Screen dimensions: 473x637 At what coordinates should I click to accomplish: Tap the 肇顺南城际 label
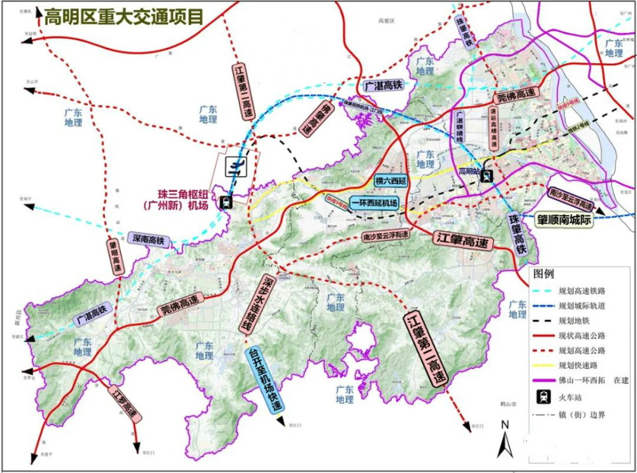pyautogui.click(x=573, y=220)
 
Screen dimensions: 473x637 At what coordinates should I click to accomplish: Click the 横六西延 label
pyautogui.click(x=391, y=180)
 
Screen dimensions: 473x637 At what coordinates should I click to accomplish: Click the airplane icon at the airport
pyautogui.click(x=237, y=168)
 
